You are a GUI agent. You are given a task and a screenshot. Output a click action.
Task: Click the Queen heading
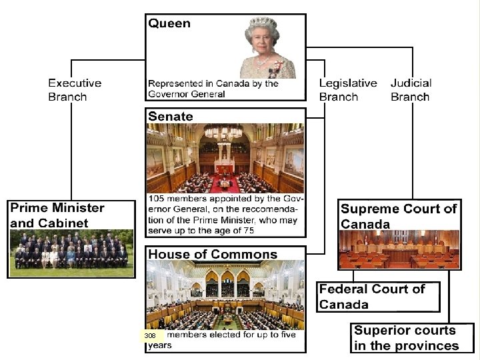(x=169, y=24)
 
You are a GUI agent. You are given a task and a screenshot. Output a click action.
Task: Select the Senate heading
(x=171, y=116)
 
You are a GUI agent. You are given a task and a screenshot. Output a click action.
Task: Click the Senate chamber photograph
(x=225, y=159)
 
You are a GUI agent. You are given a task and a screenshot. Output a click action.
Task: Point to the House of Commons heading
(x=213, y=254)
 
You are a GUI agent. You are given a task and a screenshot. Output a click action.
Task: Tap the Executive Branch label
(x=75, y=90)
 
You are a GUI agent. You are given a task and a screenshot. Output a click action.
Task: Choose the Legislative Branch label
(x=347, y=90)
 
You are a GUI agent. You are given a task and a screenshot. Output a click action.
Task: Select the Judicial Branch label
(x=411, y=90)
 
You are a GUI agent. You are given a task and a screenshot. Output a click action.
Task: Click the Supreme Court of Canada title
(x=399, y=216)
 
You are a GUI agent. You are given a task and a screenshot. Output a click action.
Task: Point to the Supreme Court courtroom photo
(x=399, y=249)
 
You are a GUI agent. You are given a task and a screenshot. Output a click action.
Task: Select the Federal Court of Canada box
(x=378, y=297)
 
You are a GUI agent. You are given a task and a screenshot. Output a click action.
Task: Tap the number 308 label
(x=151, y=336)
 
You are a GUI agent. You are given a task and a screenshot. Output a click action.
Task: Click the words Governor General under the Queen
(x=187, y=94)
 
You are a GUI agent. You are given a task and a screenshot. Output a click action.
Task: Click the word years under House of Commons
(x=160, y=345)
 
